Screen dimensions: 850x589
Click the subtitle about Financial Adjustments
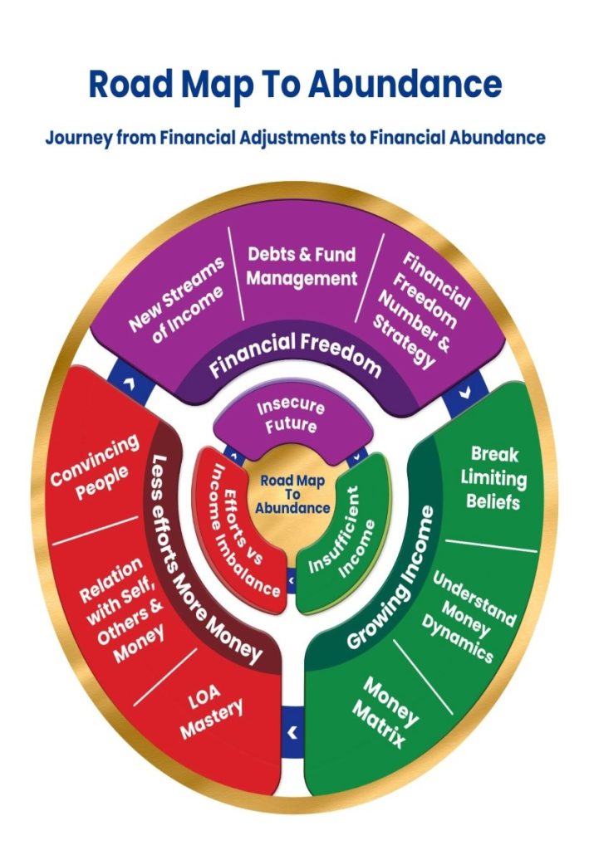point(295,138)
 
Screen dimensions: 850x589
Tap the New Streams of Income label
point(177,296)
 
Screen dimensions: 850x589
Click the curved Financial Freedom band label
point(296,355)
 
